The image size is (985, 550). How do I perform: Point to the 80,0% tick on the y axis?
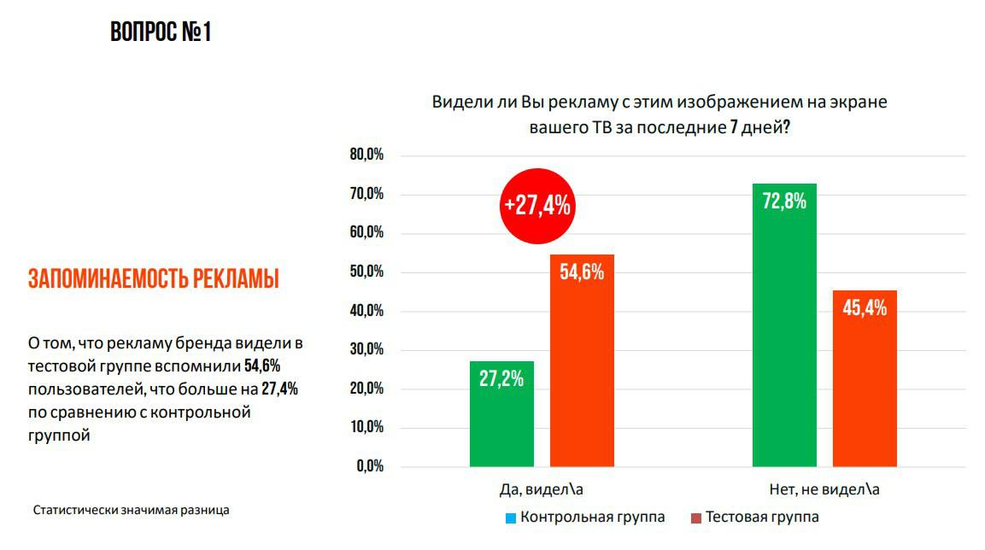tap(366, 155)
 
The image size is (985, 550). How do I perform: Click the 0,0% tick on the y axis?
tap(370, 467)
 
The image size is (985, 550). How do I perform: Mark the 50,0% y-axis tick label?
tap(366, 272)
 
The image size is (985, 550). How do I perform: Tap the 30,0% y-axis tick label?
tap(366, 350)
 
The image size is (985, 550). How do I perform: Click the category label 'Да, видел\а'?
tap(542, 490)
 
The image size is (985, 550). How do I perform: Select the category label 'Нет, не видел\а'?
tap(824, 490)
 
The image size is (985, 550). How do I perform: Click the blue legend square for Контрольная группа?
tap(511, 518)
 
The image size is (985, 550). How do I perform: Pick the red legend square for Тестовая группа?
tap(696, 518)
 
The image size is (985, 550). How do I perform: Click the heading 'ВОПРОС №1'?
tap(161, 33)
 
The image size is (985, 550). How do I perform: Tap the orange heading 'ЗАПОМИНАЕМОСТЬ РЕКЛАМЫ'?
tap(154, 279)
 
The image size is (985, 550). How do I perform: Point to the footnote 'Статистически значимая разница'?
tap(132, 511)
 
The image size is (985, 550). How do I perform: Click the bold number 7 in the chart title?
tap(733, 126)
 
